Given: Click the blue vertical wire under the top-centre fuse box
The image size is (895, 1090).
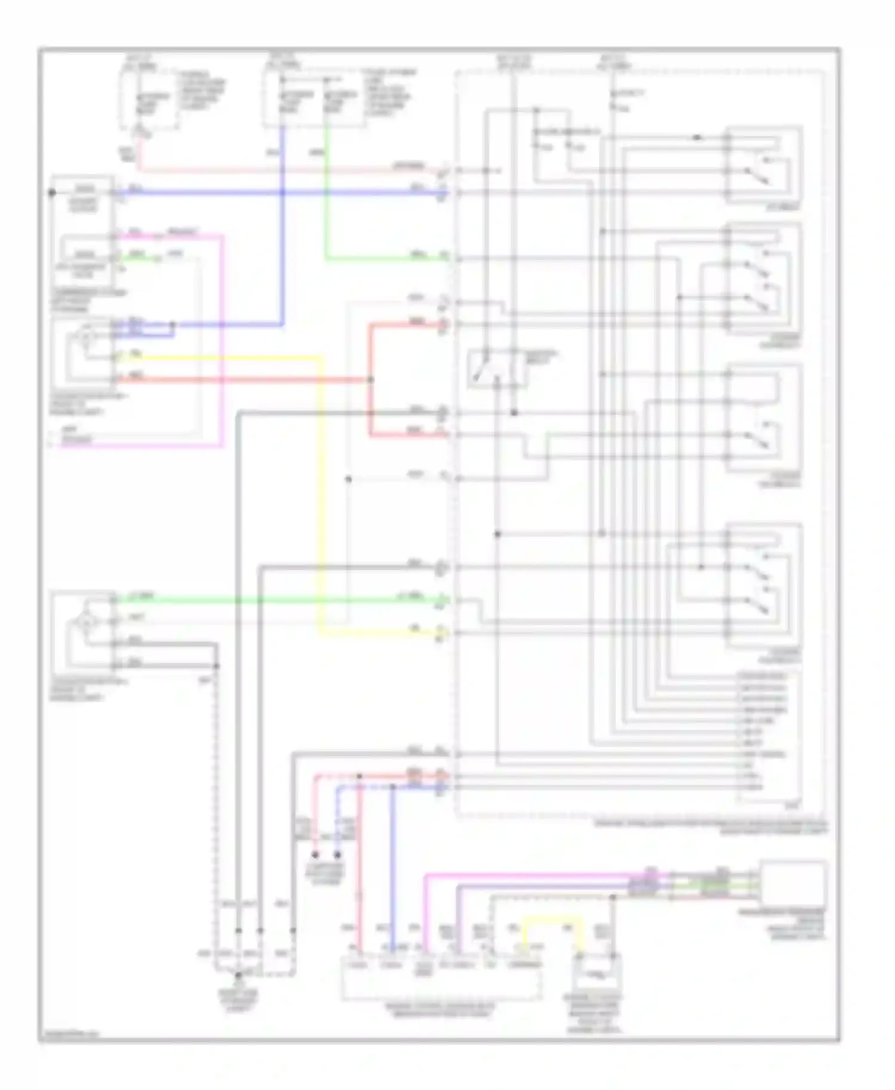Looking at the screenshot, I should (x=282, y=239).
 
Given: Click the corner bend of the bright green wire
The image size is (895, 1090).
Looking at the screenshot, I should (x=326, y=258).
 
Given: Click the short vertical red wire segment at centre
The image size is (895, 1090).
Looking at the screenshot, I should (x=370, y=352).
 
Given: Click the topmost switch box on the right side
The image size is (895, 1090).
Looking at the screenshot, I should (x=764, y=165).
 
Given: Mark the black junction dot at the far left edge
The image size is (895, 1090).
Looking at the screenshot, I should (x=52, y=193).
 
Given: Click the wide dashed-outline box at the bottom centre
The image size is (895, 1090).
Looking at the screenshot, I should (x=442, y=978).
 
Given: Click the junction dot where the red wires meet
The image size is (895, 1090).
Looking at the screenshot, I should (x=370, y=379).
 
